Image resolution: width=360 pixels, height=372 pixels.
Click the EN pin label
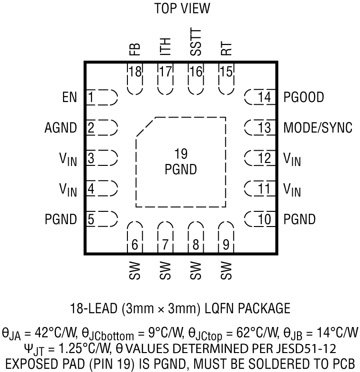69,98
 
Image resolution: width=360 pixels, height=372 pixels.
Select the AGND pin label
61,128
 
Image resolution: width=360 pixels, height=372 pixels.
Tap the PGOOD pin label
304,98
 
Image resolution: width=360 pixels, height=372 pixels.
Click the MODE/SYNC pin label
318,128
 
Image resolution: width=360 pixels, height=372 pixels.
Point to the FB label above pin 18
135,50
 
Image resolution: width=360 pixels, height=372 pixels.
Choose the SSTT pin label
195,43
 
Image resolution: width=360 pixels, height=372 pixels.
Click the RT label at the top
226,49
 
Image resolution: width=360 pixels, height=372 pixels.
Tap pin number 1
90,98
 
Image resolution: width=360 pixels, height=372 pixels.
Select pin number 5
90,219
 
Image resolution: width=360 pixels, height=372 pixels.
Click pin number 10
265,219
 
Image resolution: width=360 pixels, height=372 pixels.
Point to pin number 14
265,98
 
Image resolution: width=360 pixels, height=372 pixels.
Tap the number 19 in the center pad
181,154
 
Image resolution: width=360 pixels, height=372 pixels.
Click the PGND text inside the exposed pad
181,169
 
